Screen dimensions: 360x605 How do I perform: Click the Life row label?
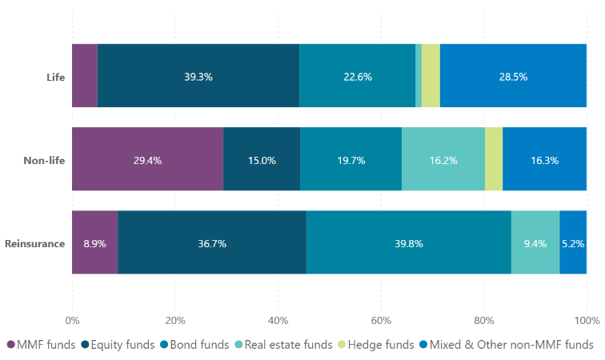pos(55,77)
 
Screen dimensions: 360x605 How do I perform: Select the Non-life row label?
pos(44,160)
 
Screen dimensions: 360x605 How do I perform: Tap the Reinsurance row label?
pos(35,243)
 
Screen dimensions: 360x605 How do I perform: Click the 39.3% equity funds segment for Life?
pos(198,76)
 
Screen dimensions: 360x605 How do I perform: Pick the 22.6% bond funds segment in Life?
pos(357,76)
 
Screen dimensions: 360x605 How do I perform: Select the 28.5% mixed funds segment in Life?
pos(513,76)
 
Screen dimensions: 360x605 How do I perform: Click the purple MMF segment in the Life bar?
pos(84,76)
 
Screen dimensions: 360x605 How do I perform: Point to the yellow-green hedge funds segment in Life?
pos(431,76)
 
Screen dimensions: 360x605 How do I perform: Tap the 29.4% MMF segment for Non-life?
pos(147,159)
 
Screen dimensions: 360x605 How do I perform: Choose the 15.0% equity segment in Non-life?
pos(262,159)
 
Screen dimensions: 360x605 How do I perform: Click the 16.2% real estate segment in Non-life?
pos(443,159)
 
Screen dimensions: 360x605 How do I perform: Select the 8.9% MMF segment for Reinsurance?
pos(94,242)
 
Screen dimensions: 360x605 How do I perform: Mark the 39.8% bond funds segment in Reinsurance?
pos(408,242)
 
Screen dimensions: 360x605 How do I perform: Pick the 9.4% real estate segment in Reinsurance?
pos(535,242)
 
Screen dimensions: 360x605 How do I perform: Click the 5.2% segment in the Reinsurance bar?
pos(573,242)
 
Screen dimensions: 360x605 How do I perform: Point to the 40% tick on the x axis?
pos(278,320)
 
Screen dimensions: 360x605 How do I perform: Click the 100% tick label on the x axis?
pos(586,320)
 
